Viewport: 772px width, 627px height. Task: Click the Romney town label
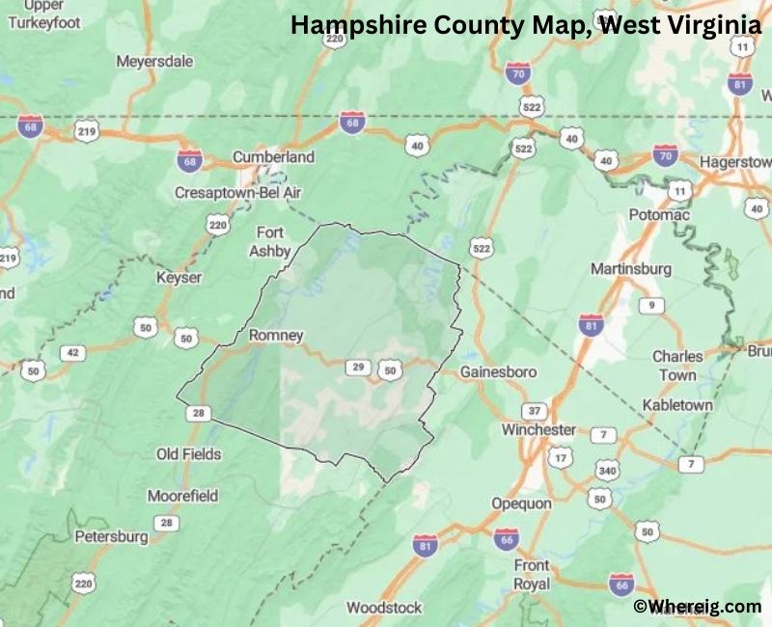(276, 336)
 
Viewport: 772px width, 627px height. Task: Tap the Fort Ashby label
(269, 241)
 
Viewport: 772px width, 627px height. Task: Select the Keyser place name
(179, 278)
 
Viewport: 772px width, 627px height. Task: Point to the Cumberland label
(273, 157)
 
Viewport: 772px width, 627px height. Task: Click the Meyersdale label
(154, 61)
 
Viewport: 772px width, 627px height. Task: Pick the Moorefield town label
(182, 496)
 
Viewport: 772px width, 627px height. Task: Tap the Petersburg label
(111, 536)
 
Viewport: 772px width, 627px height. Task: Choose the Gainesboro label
(498, 371)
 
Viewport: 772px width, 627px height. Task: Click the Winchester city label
(538, 429)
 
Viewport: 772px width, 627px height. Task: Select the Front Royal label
(532, 574)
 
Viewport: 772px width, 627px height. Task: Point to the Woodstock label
(384, 608)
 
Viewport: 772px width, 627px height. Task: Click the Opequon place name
(521, 504)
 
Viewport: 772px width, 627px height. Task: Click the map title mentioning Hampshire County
(526, 26)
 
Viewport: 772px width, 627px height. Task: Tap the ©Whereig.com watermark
(697, 606)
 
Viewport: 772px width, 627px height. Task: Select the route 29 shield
(358, 368)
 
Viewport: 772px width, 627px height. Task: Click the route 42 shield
(71, 353)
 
